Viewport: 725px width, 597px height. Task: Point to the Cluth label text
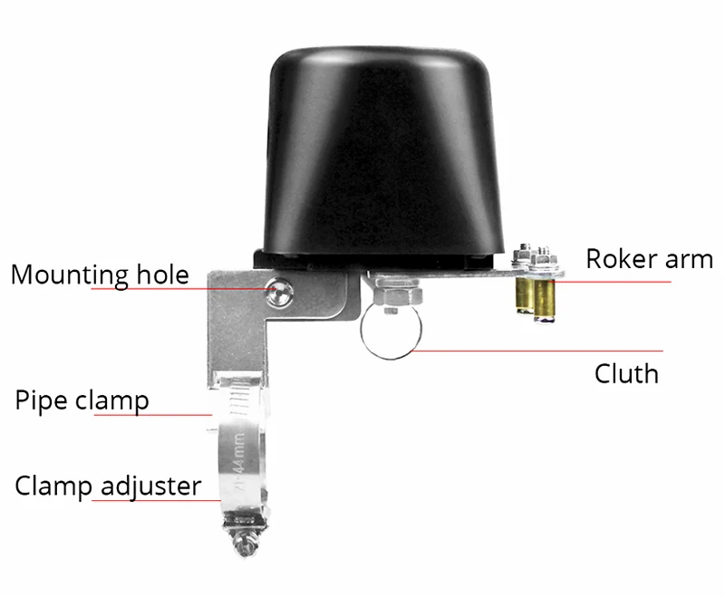point(625,372)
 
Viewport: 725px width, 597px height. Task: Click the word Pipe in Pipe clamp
point(42,400)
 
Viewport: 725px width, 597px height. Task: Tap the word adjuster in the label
point(150,486)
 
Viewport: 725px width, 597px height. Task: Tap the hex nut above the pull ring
point(395,292)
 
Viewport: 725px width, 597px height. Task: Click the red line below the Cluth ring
point(544,350)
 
